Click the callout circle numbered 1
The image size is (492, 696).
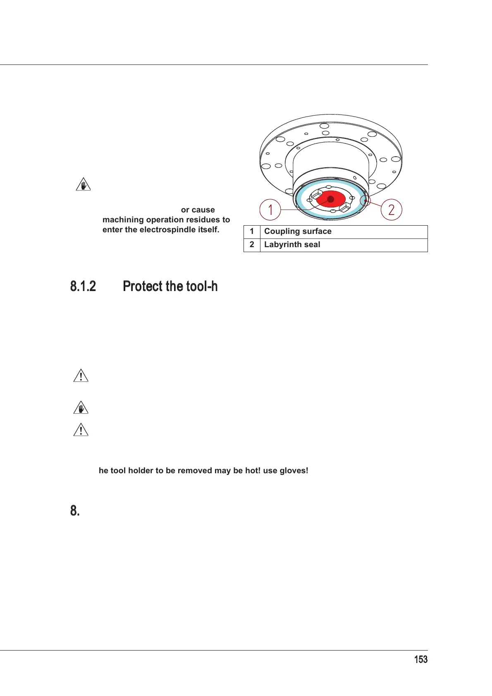(x=270, y=210)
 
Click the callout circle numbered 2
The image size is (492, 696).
(x=391, y=210)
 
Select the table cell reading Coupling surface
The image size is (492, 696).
(x=298, y=231)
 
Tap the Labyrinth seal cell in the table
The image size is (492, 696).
(x=292, y=245)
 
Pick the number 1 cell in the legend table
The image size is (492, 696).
(x=252, y=231)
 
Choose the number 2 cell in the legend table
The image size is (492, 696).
(x=252, y=245)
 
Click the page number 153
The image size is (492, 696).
(x=420, y=660)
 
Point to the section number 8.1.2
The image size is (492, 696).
(x=83, y=286)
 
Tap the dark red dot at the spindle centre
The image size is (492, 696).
(x=331, y=199)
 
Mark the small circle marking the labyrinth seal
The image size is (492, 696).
(x=365, y=201)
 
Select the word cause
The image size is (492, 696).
(x=203, y=210)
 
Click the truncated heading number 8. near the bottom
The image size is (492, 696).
(x=75, y=511)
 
